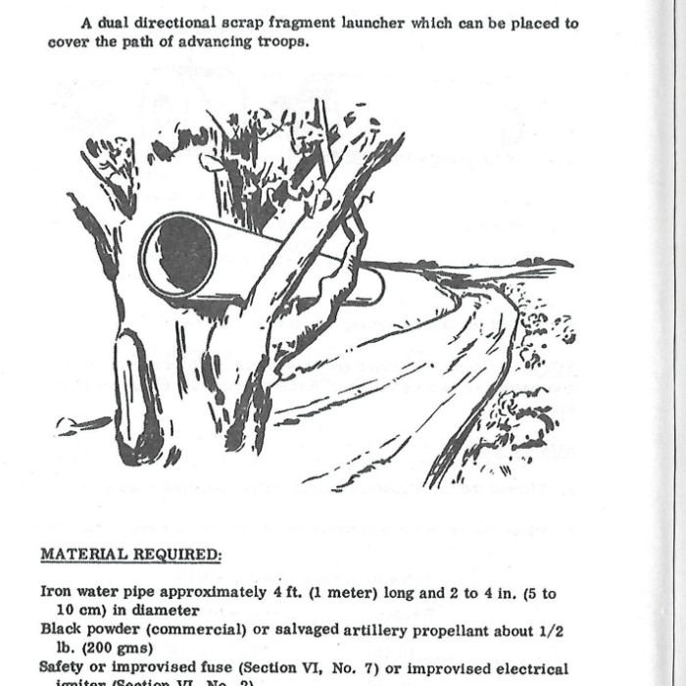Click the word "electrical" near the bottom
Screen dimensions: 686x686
[x=527, y=667]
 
